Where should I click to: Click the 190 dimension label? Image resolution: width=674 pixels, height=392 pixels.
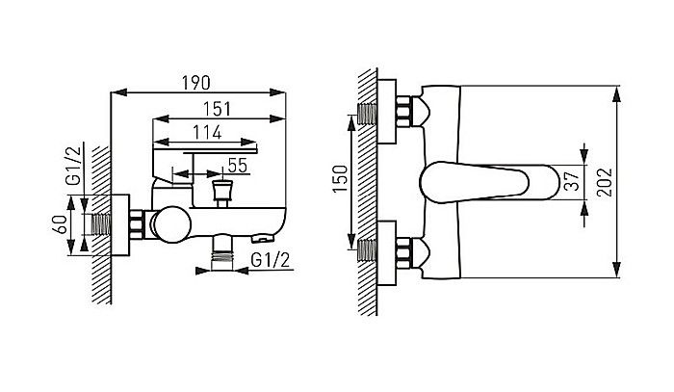coord(196,83)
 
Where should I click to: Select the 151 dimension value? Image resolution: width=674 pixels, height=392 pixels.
coord(218,109)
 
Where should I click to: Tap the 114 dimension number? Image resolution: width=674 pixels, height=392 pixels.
coord(207,132)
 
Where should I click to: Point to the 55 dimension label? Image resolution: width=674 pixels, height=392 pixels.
coord(238,166)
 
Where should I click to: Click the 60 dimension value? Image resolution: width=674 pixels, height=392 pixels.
coord(62,224)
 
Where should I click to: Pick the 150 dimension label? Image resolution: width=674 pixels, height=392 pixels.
coord(341,178)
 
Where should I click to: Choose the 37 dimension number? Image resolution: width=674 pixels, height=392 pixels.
coord(572,180)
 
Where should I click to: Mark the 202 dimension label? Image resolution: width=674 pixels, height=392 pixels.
coord(605,182)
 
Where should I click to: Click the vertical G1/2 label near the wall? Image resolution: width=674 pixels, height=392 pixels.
coord(73,166)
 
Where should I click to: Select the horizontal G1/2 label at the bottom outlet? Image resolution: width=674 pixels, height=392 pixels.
coord(271,260)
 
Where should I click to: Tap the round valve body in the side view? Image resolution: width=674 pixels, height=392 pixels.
coord(172,224)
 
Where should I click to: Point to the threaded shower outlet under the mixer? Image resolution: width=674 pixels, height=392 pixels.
coord(222,252)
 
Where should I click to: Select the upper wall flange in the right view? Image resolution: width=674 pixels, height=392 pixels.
coord(386,112)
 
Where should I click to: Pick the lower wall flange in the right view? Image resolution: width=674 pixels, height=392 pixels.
coord(386,253)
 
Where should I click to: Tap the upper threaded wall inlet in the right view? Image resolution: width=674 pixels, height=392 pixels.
coord(367,114)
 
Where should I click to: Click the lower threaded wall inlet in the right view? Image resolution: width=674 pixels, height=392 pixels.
coord(367,250)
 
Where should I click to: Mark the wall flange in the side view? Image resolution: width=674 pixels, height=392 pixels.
coord(120,224)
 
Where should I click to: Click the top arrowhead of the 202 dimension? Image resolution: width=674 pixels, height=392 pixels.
coord(617,93)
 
